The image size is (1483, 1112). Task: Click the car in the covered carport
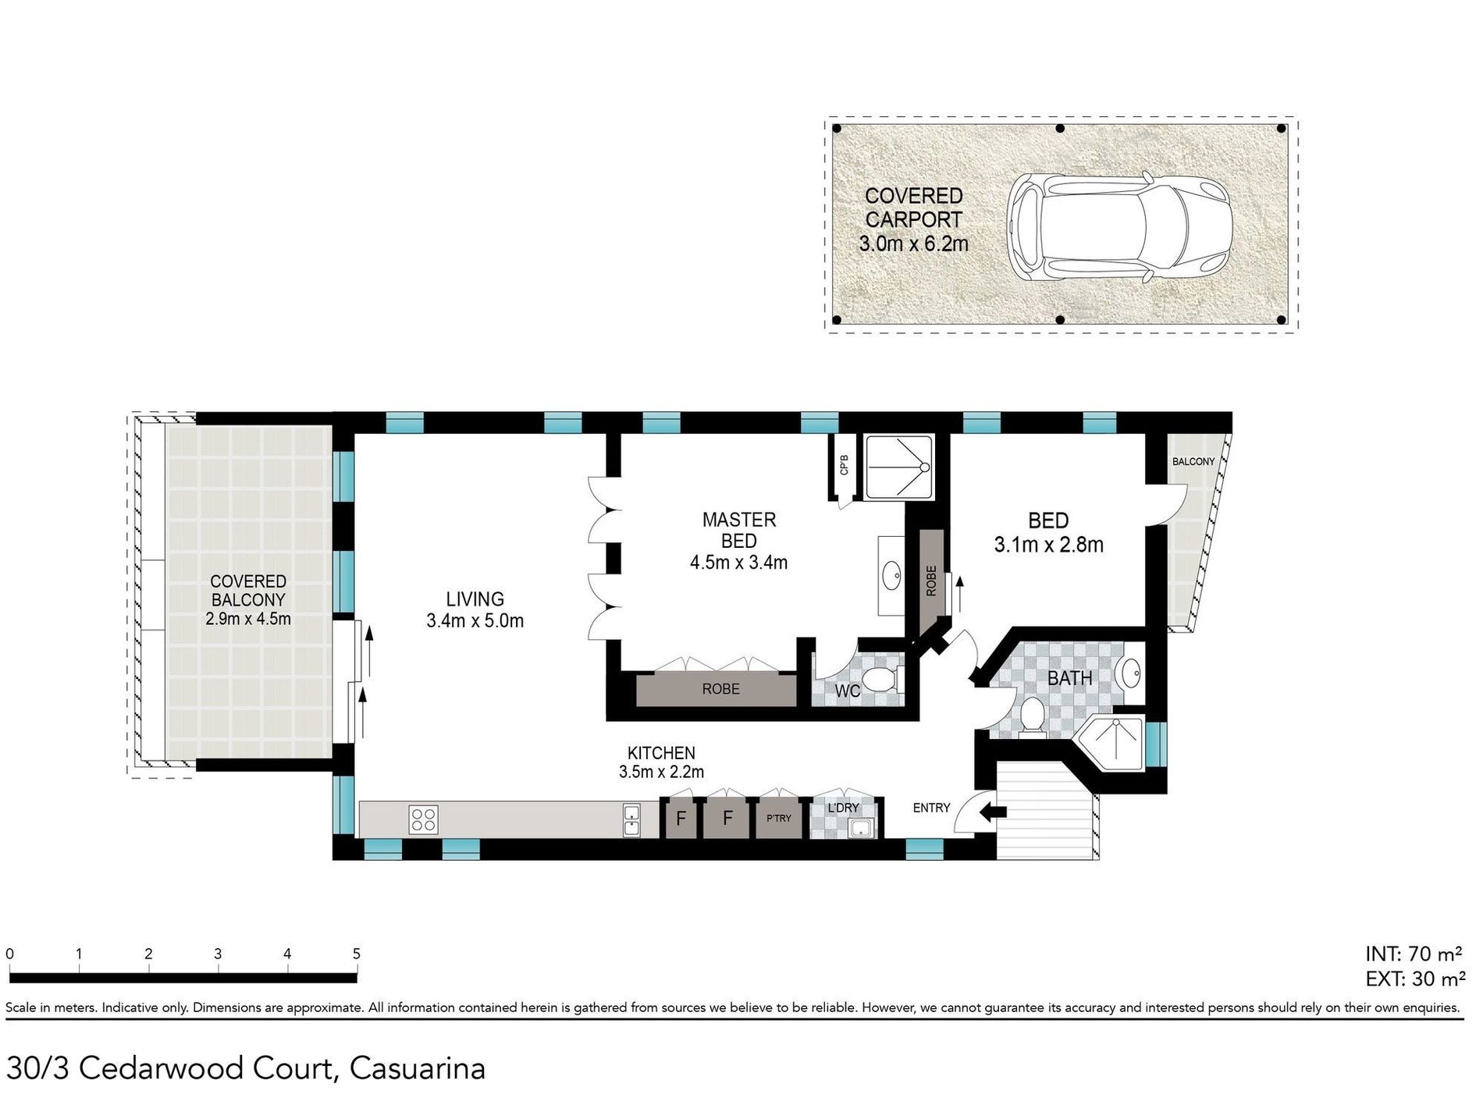(x=1118, y=227)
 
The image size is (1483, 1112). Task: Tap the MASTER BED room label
(x=738, y=530)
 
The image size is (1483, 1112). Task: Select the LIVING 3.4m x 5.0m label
(x=475, y=609)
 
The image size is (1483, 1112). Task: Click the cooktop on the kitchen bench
(x=424, y=819)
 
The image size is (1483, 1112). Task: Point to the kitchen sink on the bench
(x=631, y=821)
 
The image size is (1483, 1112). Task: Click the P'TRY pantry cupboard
(x=778, y=818)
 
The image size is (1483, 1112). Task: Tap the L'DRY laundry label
(x=843, y=808)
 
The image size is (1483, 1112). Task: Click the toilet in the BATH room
(x=1032, y=716)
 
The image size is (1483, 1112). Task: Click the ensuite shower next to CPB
(x=899, y=467)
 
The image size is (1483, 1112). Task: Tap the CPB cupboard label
(x=844, y=465)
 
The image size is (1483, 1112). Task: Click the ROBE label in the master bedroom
(x=720, y=689)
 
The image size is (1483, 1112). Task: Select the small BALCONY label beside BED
(x=1193, y=461)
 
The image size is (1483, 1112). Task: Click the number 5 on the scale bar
(x=357, y=954)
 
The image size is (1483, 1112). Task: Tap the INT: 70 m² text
(x=1414, y=954)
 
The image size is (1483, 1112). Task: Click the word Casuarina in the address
(x=418, y=1068)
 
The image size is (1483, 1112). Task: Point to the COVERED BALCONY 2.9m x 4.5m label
(x=248, y=600)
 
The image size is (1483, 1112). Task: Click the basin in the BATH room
(x=1129, y=672)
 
